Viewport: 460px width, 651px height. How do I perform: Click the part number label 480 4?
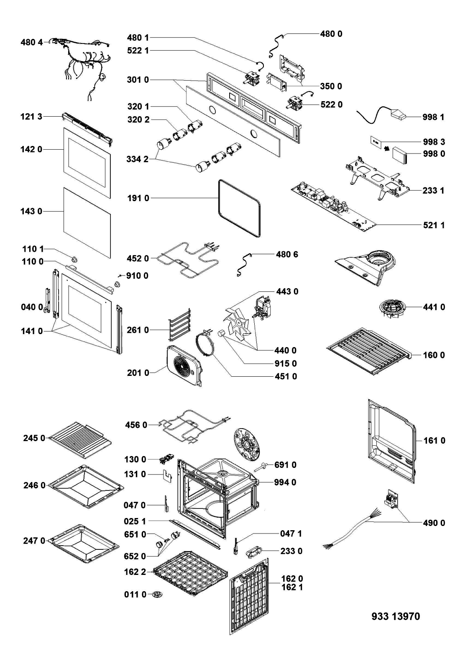click(32, 42)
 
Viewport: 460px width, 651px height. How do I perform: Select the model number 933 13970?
click(396, 616)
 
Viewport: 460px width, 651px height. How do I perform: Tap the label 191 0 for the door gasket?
click(138, 198)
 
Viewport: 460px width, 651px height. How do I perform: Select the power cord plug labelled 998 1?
click(399, 115)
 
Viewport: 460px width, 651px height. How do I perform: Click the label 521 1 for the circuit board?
click(433, 225)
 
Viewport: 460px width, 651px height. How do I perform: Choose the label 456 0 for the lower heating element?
click(136, 425)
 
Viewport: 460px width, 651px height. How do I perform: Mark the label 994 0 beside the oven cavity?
click(285, 482)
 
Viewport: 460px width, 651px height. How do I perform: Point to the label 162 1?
click(292, 587)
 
